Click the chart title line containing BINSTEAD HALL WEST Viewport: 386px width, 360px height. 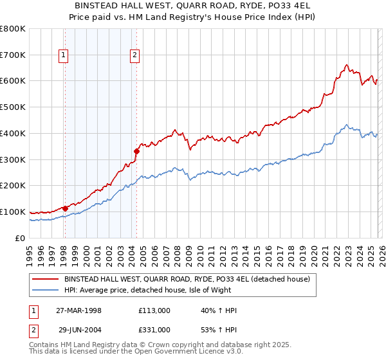coord(193,6)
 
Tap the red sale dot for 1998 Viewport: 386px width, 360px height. coord(65,208)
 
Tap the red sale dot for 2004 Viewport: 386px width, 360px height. coord(136,151)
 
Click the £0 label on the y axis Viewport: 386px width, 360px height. coord(21,238)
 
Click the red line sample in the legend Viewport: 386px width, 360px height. coord(45,280)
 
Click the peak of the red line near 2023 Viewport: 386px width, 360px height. coord(347,64)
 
